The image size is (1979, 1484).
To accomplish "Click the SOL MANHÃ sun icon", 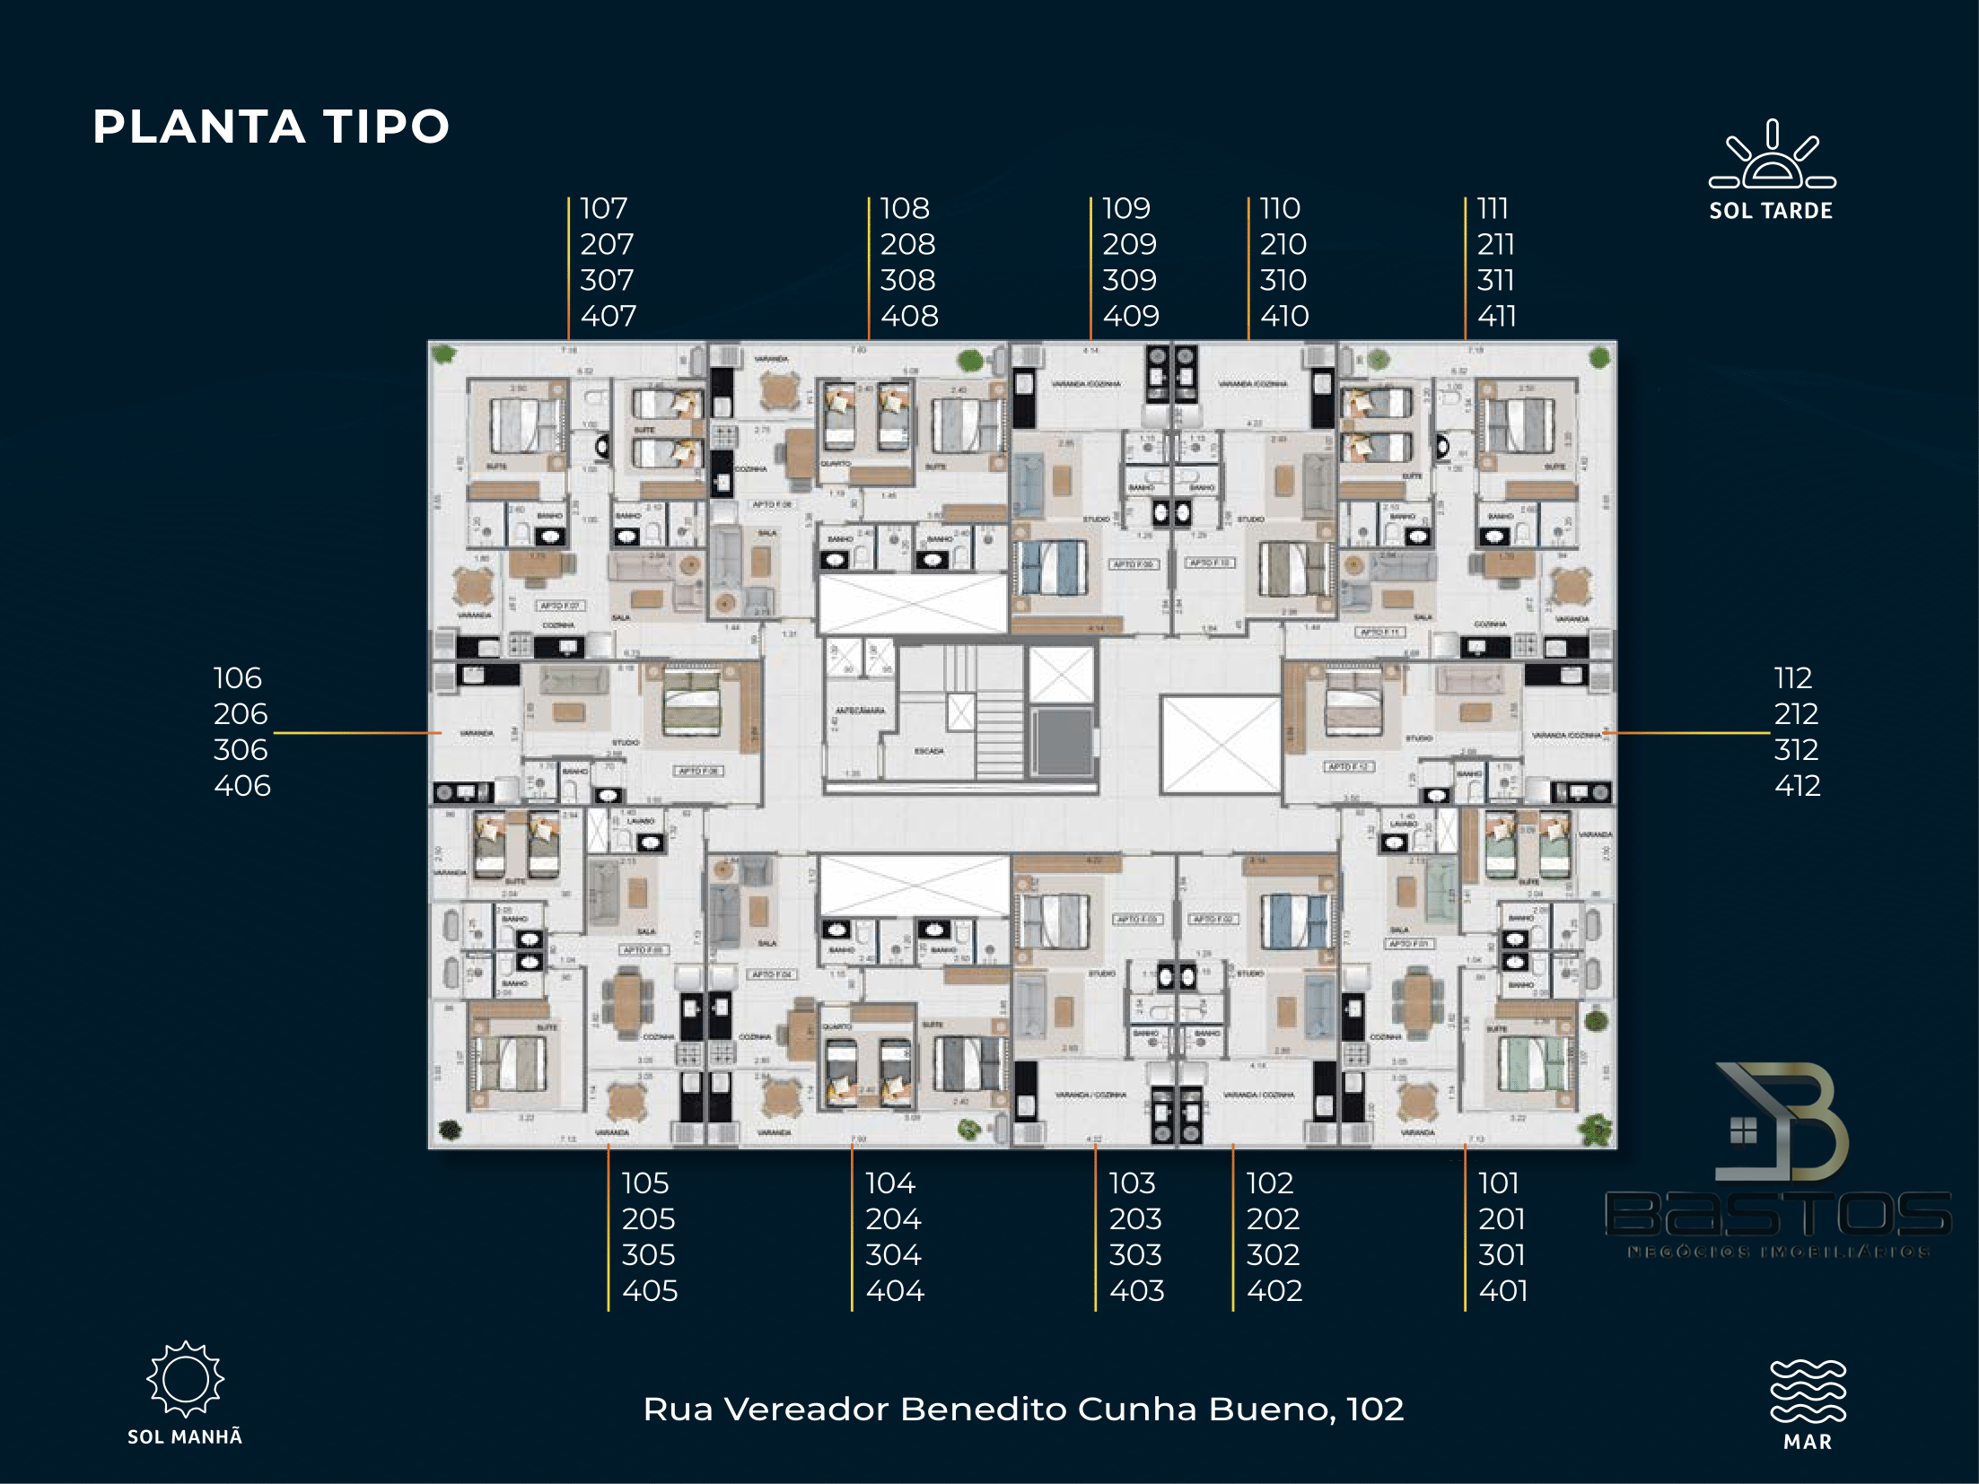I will pos(185,1379).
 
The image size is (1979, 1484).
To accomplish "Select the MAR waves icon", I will pos(1807,1390).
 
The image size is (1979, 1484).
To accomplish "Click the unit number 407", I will pos(608,316).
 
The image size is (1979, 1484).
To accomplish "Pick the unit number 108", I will pos(904,208).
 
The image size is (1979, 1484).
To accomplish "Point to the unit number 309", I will pos(1129,280).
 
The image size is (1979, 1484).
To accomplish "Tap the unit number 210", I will pos(1283,244).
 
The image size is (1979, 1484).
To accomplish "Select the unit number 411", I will pos(1496,316).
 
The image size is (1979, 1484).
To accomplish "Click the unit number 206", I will pos(241,714).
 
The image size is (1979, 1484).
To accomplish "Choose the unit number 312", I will pos(1796,750).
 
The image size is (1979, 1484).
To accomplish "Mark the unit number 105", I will pos(645,1183).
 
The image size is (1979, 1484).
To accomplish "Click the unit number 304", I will pos(893,1255).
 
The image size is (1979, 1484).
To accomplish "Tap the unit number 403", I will pos(1136,1291).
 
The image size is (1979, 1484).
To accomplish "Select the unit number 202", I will pos(1273,1219).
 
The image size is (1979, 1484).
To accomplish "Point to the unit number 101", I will pos(1498,1183).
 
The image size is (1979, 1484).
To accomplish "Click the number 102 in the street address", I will pos(1375,1410).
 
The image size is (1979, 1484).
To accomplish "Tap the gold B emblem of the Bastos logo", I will pos(1786,1122).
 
